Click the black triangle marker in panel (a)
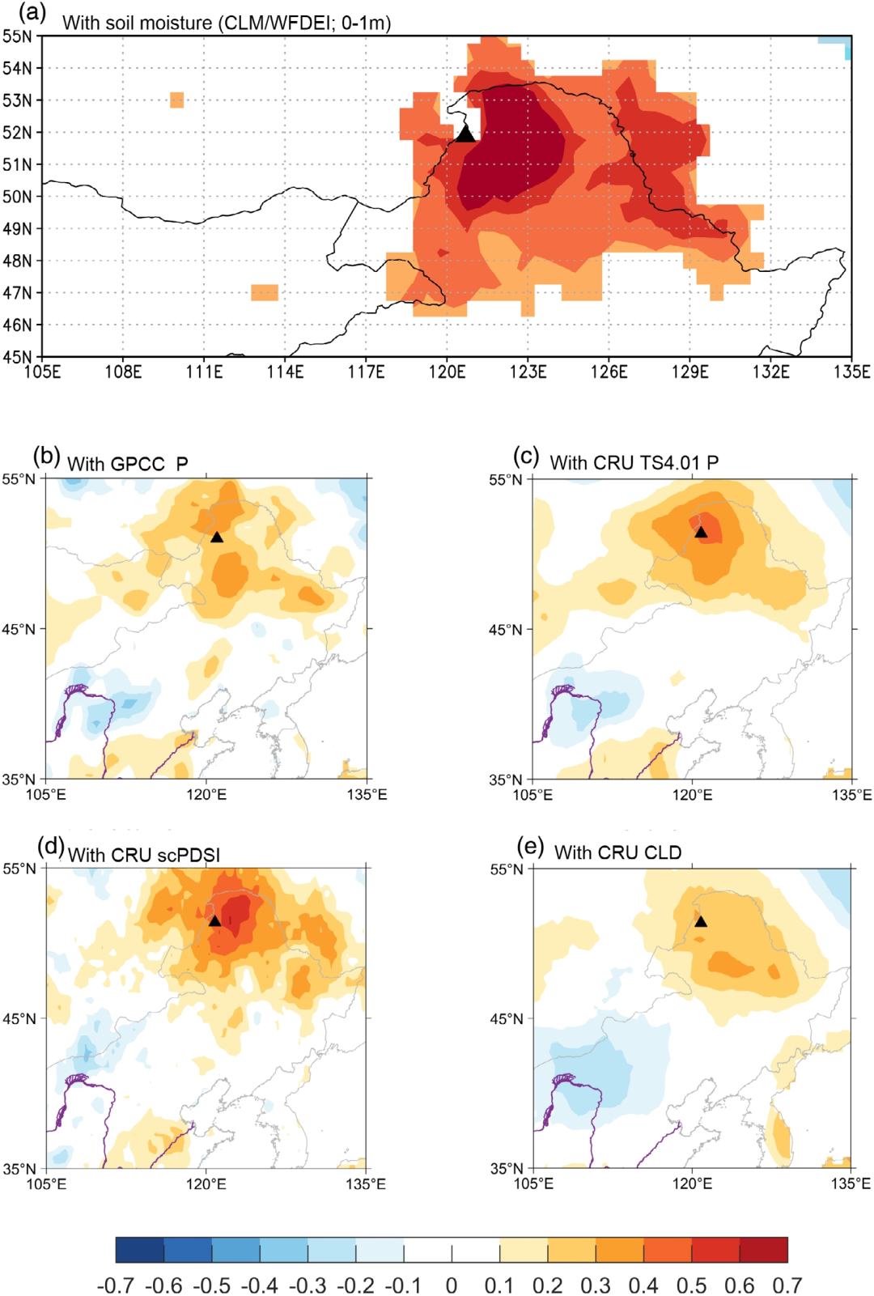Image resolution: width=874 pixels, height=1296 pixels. [x=465, y=134]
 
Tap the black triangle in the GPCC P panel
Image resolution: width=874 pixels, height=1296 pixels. [x=217, y=537]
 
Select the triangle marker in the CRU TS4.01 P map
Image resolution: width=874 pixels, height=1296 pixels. [x=701, y=532]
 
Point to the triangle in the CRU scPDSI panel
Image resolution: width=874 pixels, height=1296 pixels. [x=214, y=920]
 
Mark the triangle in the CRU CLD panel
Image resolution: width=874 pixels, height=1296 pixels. [x=701, y=921]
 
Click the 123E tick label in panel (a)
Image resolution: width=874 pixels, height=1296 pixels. [x=528, y=371]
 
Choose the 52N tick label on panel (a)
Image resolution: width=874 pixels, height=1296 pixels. [x=17, y=133]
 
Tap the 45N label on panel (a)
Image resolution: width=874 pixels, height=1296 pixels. [x=17, y=357]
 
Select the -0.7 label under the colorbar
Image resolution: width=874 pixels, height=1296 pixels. [x=116, y=1285]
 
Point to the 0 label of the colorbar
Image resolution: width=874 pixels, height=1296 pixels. [x=452, y=1285]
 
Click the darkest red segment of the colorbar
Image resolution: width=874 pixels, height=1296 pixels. [x=763, y=1250]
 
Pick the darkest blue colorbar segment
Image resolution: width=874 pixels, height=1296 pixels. [x=140, y=1250]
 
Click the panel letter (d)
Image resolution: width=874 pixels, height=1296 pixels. [x=50, y=847]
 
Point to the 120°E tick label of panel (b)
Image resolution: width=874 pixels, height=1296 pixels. [x=206, y=794]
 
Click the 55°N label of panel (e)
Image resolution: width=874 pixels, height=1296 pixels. [x=506, y=869]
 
